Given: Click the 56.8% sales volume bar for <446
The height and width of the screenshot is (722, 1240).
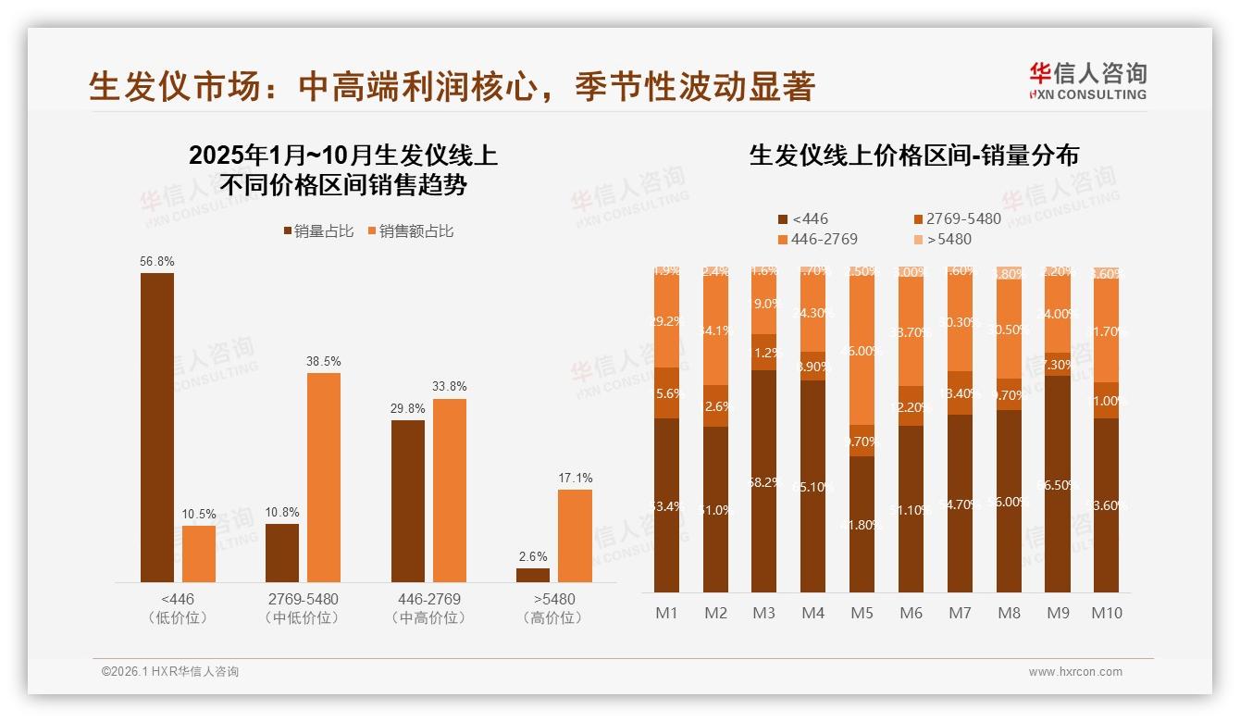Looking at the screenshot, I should tap(156, 427).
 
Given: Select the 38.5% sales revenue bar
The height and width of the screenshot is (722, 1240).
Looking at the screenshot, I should tap(324, 477).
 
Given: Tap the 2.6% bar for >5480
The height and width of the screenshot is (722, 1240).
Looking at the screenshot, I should tap(533, 575).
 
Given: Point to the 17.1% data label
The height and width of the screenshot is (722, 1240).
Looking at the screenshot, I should tap(575, 478).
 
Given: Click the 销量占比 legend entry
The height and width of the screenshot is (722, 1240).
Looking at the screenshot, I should tap(317, 231).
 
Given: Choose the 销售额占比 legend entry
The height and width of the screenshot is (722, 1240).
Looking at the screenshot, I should tap(410, 231).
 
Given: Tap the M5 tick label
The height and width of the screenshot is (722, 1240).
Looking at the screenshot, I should tap(862, 613).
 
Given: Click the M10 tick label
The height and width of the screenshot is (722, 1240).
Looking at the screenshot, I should tap(1106, 613).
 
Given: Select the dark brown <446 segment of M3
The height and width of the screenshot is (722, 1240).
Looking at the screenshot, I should tap(763, 481).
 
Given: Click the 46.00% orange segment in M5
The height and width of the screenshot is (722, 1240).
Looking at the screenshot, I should tap(862, 352).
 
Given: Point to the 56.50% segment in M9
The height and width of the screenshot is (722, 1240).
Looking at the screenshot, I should tap(1057, 484).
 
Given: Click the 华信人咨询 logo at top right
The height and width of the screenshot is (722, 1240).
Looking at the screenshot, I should tap(1087, 81).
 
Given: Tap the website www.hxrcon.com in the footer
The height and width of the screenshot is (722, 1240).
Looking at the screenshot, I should tap(1074, 672).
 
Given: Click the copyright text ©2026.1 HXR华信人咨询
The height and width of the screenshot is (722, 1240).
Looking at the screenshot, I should tap(170, 672).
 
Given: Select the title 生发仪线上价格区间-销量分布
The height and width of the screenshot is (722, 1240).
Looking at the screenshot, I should tap(913, 156).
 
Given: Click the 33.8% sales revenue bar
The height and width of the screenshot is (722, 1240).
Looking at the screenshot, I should tap(450, 490).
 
